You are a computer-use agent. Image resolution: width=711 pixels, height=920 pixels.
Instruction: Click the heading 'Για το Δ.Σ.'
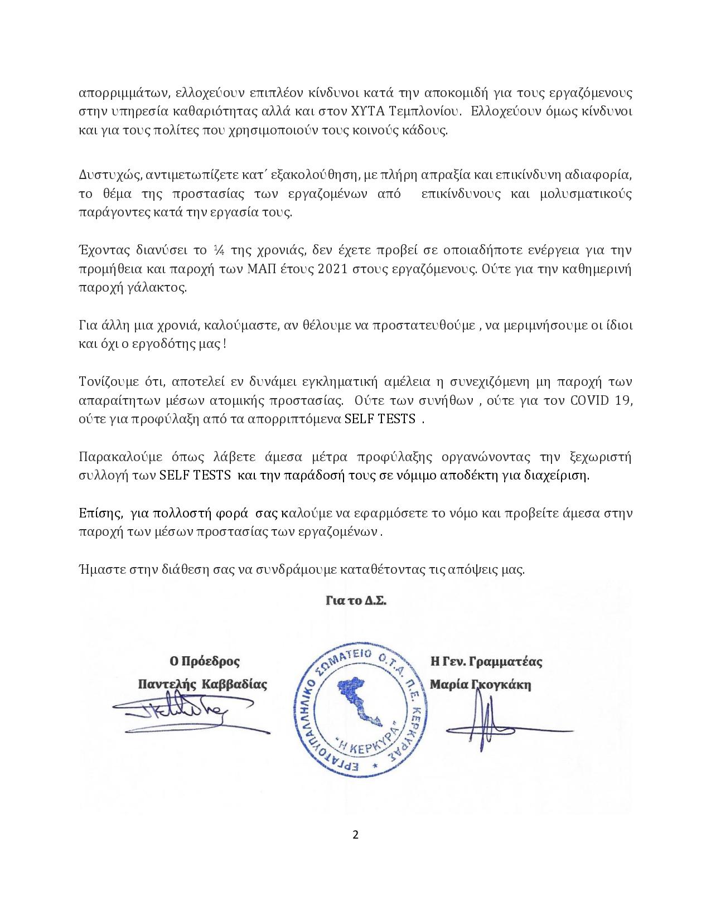[356, 602]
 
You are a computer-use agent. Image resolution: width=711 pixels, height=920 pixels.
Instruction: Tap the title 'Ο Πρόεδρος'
[205, 662]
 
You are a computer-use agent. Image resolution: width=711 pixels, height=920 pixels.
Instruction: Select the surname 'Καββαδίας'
[238, 684]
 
